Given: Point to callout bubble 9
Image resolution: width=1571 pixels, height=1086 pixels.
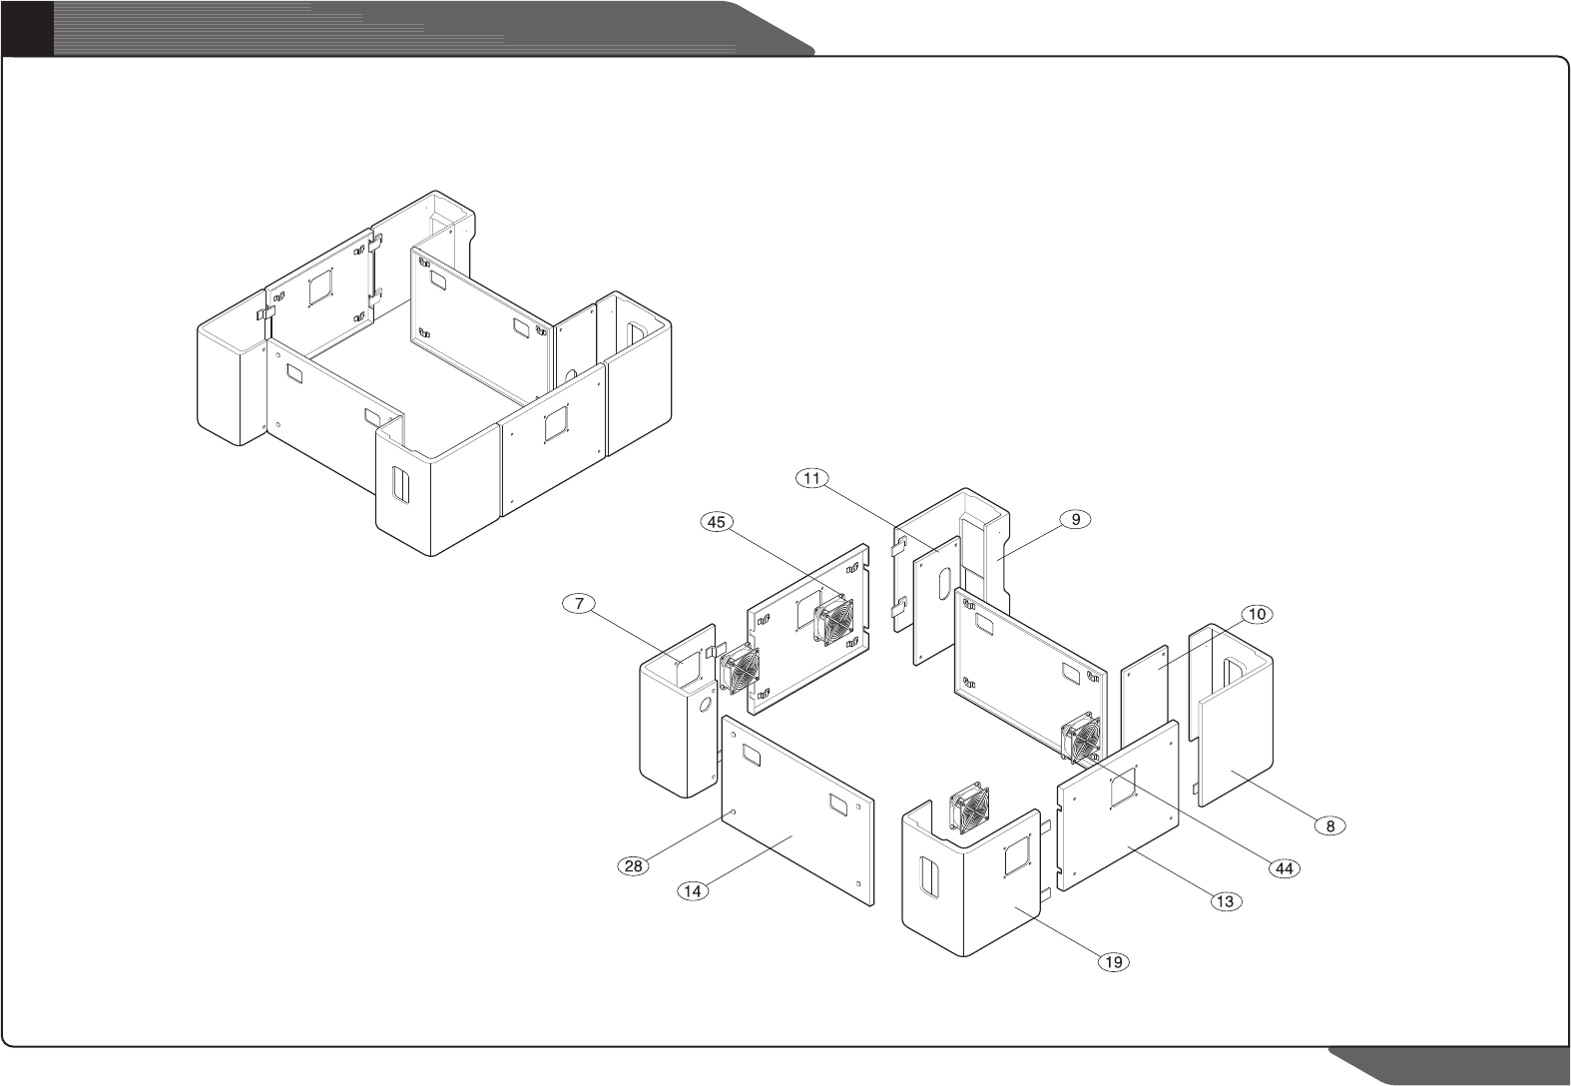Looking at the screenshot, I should click(1076, 519).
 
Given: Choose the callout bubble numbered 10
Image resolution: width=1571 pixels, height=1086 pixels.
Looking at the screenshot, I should click(1257, 614).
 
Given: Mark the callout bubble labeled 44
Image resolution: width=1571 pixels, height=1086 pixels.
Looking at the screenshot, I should click(1286, 868).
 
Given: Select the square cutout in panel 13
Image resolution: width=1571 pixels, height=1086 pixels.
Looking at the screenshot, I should click(1123, 785).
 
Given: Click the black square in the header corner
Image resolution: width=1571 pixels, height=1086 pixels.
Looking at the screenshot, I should click(26, 27).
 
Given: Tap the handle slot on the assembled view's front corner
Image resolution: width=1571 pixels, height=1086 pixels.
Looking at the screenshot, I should click(400, 486).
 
